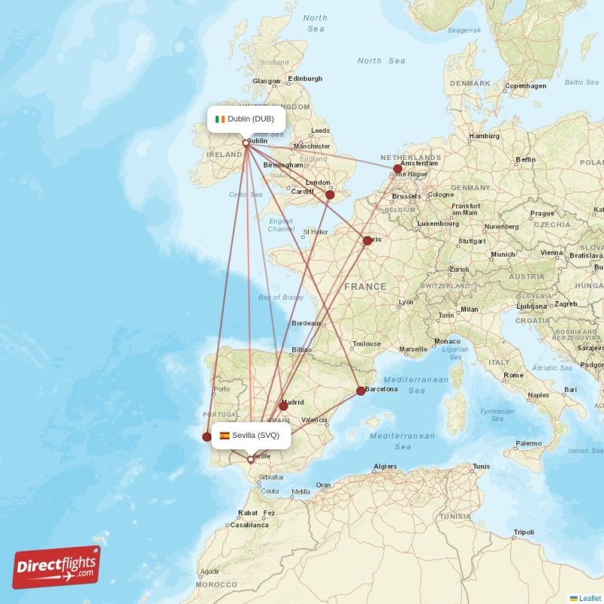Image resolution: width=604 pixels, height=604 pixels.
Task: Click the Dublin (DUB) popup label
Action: (246, 119)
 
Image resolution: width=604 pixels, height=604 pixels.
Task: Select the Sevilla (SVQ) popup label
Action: (251, 435)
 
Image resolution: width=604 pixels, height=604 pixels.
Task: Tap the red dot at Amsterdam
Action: (398, 169)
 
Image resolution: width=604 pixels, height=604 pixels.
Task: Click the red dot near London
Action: (330, 195)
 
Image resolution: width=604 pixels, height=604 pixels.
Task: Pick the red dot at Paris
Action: (368, 241)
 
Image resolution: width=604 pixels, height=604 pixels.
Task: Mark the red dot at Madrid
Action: (283, 406)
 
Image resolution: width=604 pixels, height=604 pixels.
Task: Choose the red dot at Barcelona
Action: (360, 391)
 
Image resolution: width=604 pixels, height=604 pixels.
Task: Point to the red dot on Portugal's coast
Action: (207, 436)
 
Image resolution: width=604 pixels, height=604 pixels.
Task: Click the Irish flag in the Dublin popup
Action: (220, 119)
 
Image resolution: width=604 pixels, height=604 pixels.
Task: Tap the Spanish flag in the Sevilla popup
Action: (224, 436)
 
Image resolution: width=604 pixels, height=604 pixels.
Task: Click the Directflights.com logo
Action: (57, 566)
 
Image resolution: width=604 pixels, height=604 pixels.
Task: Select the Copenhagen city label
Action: (526, 86)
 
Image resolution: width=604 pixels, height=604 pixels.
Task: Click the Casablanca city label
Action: (249, 525)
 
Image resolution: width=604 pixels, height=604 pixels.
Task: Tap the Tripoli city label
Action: (523, 532)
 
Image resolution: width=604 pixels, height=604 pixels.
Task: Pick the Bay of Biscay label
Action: (281, 297)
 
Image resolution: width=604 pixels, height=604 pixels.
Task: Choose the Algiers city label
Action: (385, 467)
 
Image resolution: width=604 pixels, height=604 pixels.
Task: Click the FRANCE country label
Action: (365, 287)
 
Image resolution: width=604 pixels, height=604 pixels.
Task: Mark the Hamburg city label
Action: (485, 137)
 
